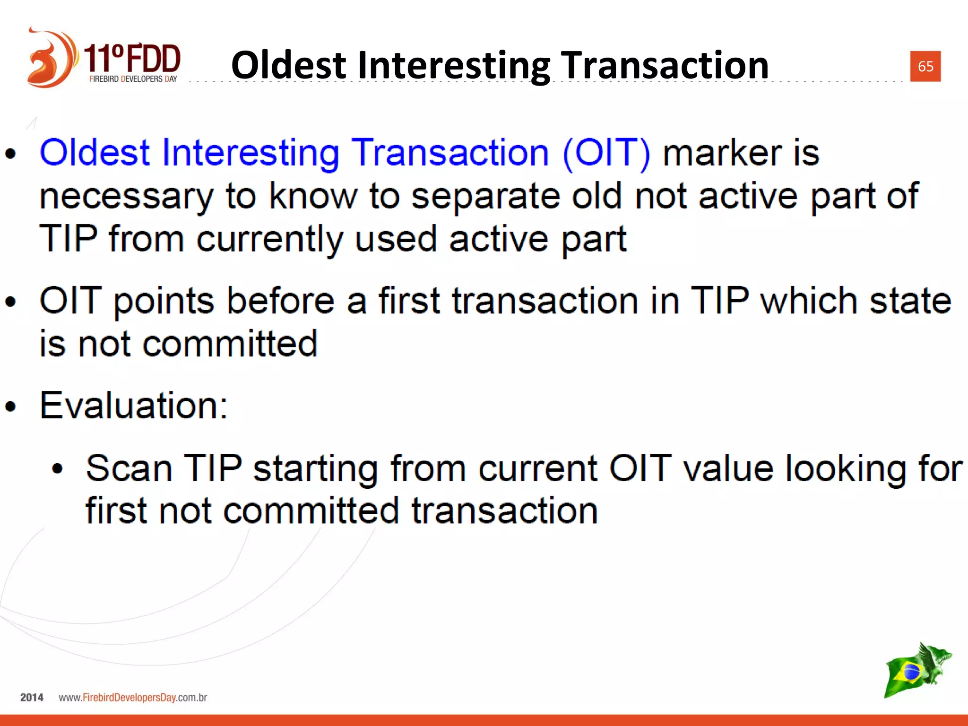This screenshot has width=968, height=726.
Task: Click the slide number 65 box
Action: (x=925, y=66)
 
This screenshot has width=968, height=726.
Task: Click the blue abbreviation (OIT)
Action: (x=606, y=153)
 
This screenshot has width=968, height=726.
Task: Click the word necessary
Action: (x=126, y=196)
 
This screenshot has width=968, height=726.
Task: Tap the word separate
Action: (x=485, y=196)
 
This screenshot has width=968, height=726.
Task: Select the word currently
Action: (x=269, y=239)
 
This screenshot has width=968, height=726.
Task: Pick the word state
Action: (x=910, y=301)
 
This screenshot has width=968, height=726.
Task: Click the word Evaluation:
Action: (x=134, y=406)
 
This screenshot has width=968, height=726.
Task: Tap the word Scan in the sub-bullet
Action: (x=129, y=468)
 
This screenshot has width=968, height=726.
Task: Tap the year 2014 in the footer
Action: (x=32, y=698)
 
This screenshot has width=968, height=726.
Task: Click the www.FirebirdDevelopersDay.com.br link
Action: (x=133, y=698)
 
